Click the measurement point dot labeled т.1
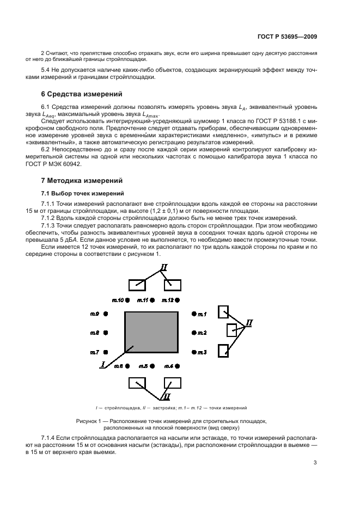193,314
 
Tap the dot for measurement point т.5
153,366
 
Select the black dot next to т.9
106,314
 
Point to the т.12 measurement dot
179,300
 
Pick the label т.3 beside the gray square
202,353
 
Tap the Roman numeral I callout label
102,365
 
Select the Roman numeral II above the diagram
163,267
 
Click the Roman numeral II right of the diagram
249,323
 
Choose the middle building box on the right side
232,330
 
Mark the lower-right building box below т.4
172,383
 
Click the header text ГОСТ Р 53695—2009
287,36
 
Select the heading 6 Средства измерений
77,94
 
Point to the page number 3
315,463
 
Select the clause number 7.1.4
49,438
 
